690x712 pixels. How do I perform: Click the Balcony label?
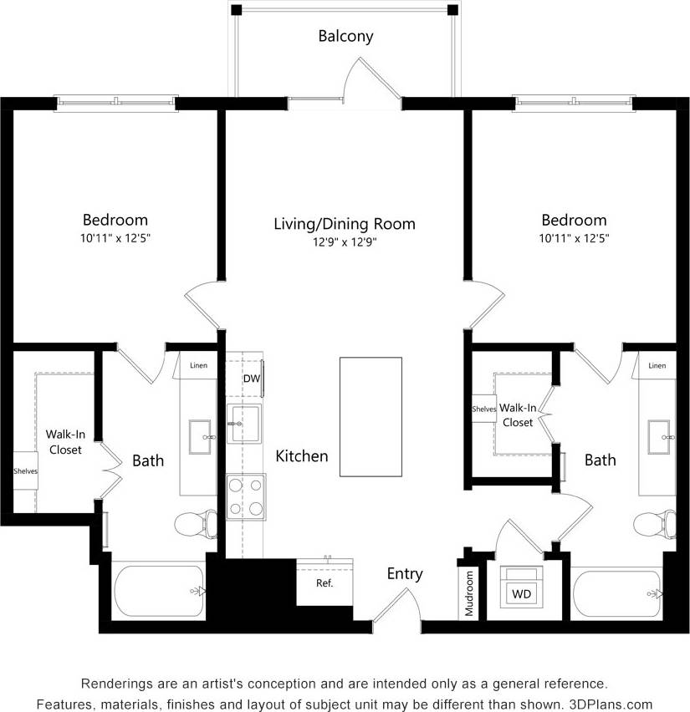click(x=345, y=36)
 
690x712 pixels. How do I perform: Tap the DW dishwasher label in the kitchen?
click(x=251, y=379)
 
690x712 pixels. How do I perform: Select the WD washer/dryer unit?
click(x=521, y=594)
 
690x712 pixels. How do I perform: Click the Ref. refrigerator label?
click(x=325, y=582)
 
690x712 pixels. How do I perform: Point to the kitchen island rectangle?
click(x=371, y=417)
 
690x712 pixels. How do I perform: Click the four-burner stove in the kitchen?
click(x=246, y=496)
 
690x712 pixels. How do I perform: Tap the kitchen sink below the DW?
click(x=243, y=424)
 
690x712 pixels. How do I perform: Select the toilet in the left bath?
click(x=196, y=526)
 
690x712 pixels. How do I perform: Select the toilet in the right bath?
click(x=654, y=526)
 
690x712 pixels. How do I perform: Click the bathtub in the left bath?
click(x=159, y=592)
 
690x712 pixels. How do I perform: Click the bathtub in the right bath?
click(x=617, y=592)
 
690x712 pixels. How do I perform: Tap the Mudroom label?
click(x=469, y=593)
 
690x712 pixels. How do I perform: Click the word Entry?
click(x=405, y=574)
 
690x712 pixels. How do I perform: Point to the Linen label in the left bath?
click(x=198, y=365)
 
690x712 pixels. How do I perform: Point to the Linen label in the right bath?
click(x=657, y=365)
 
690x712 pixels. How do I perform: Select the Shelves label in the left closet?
click(x=25, y=471)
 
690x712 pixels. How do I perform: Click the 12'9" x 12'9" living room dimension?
click(x=345, y=242)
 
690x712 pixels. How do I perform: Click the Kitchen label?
click(x=302, y=456)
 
